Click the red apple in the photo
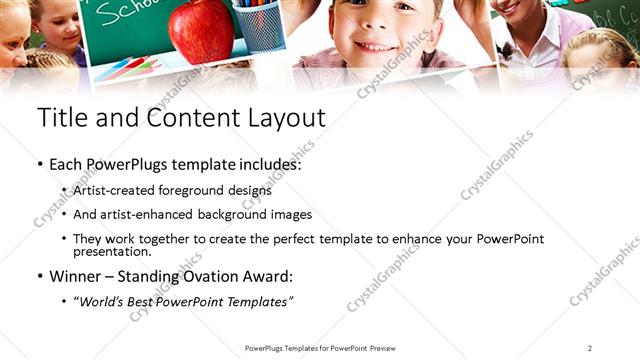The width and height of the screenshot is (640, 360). click(201, 30)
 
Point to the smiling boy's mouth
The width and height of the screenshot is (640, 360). click(377, 46)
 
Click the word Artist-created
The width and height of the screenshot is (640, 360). click(108, 190)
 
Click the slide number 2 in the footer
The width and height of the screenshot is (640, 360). click(590, 348)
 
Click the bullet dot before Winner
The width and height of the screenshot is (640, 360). click(39, 276)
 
